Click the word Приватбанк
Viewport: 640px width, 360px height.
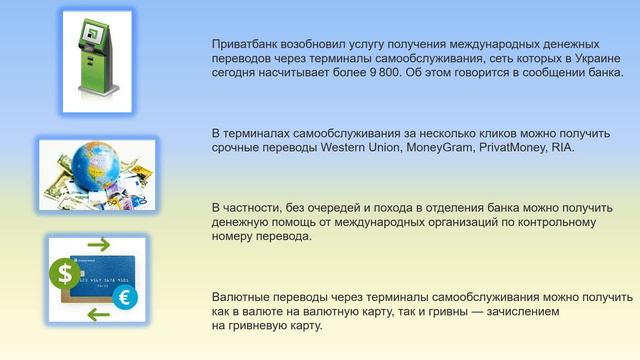[245, 45]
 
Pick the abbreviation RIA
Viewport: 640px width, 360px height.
[563, 147]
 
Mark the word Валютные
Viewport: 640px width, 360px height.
[245, 297]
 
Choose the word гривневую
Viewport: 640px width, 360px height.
[258, 325]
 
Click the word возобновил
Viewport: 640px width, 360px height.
[325, 45]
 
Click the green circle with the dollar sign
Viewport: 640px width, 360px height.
[65, 272]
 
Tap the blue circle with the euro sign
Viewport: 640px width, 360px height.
[125, 297]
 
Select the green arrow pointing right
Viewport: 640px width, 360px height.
[98, 245]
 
